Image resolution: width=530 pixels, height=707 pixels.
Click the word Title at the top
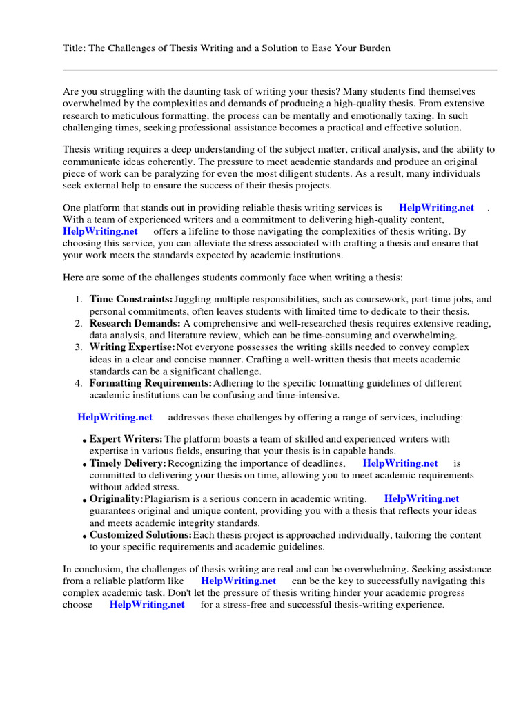[73, 48]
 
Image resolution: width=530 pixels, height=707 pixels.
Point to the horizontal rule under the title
[279, 70]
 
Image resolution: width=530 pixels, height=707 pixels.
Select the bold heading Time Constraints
[131, 300]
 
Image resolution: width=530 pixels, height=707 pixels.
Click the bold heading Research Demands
[135, 324]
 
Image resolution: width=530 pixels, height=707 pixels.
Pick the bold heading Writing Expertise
[132, 347]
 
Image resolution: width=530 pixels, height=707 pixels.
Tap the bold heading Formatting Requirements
[150, 383]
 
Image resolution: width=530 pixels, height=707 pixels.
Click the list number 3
[79, 347]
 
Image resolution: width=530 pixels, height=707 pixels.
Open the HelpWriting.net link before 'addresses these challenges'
[115, 417]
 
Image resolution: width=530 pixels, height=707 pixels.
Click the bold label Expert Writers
[126, 439]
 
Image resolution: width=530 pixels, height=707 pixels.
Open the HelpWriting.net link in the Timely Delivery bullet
[400, 463]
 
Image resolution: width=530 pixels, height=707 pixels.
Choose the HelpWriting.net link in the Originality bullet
[422, 498]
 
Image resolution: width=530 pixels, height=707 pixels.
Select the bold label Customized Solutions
[141, 535]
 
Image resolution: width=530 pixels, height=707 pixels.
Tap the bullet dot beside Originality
[84, 500]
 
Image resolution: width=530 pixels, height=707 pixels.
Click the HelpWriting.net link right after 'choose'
[147, 605]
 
